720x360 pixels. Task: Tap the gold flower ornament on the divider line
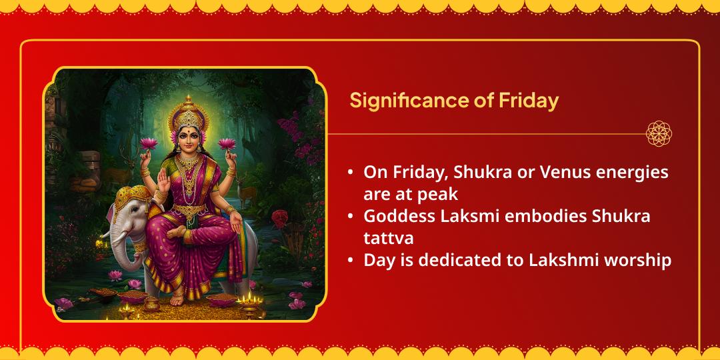[659, 133]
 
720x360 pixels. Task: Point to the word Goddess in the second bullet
[393, 216]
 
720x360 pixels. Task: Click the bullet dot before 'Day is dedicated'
[350, 261]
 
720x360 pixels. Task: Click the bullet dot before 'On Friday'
[350, 173]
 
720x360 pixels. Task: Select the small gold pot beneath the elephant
[151, 304]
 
